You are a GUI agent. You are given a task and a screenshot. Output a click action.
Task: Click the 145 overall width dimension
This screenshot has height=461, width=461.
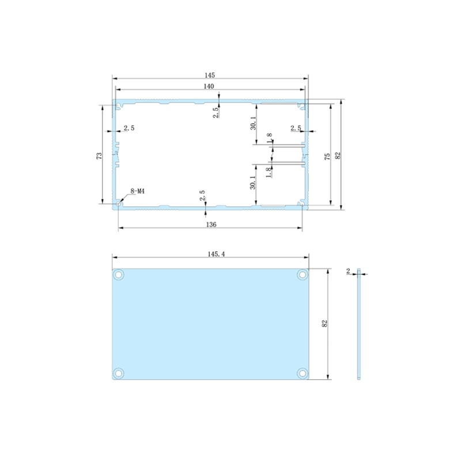tap(209, 75)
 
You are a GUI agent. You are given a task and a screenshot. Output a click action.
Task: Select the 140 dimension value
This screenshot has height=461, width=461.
tap(209, 86)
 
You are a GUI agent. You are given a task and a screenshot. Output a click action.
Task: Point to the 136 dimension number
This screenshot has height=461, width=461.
tap(210, 225)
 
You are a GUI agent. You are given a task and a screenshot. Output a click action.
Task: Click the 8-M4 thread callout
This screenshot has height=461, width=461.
tap(138, 190)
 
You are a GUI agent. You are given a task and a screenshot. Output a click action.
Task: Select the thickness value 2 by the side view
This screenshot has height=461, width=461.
tap(349, 270)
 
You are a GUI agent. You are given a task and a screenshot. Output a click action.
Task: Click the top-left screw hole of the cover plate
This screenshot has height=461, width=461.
tap(119, 275)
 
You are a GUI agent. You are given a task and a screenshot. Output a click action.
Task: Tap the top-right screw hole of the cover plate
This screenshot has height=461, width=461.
tap(302, 275)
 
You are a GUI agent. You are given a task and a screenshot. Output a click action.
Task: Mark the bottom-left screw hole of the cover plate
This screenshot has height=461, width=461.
tap(119, 372)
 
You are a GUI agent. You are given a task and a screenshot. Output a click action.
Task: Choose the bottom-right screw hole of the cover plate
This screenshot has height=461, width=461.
tap(302, 372)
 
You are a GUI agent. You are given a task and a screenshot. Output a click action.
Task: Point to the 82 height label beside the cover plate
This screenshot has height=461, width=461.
tap(325, 324)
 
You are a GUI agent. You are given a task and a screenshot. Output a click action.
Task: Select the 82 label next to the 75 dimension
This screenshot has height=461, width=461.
tap(338, 156)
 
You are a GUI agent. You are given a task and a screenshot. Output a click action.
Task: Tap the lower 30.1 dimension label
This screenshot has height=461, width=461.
tap(252, 183)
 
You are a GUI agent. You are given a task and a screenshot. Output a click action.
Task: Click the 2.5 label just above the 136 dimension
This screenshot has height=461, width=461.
tap(202, 195)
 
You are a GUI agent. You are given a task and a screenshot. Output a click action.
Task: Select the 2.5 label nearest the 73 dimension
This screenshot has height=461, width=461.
tap(129, 129)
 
